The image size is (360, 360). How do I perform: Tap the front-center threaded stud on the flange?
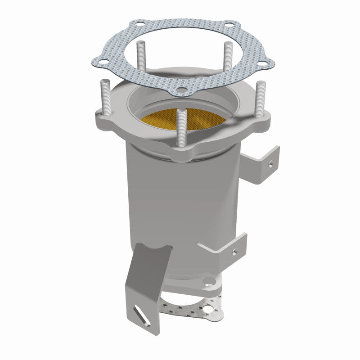(181, 128)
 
